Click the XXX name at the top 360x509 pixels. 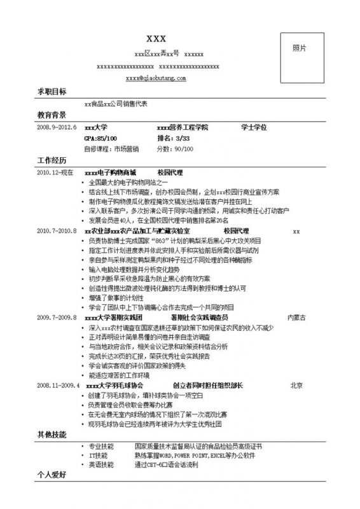point(156,36)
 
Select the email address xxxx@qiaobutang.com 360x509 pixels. point(156,78)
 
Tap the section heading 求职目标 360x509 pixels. point(52,92)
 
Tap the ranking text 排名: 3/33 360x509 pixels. point(173,138)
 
